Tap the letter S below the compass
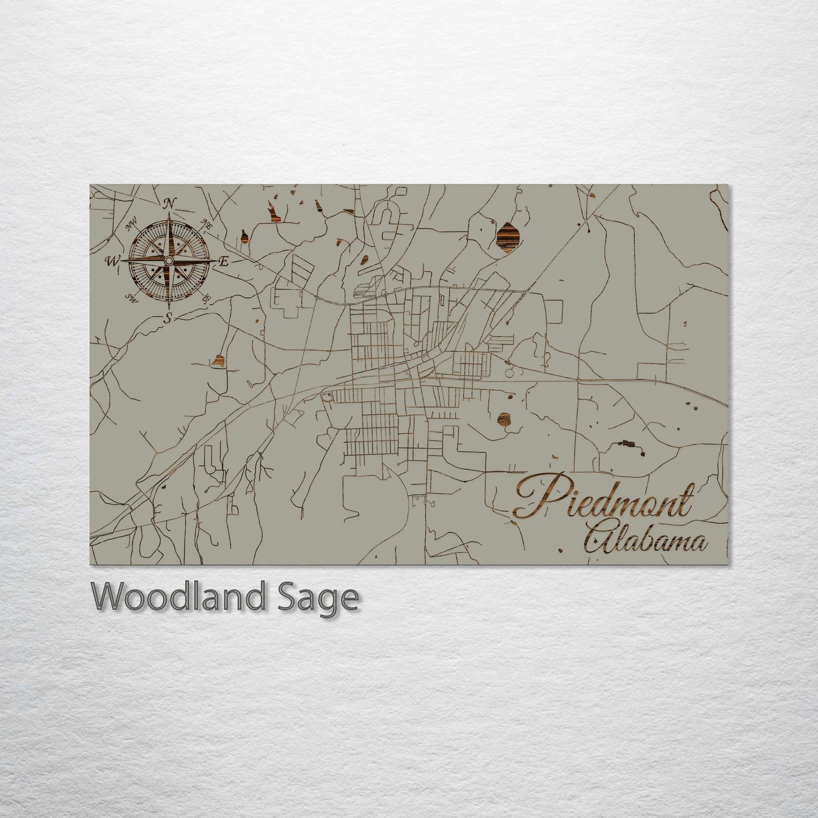pyautogui.click(x=168, y=318)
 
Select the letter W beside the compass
pyautogui.click(x=112, y=261)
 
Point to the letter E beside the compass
pyautogui.click(x=224, y=262)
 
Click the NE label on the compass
pyautogui.click(x=207, y=225)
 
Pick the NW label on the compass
pyautogui.click(x=132, y=226)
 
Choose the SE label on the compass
pyautogui.click(x=206, y=297)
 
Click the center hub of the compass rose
pyautogui.click(x=168, y=260)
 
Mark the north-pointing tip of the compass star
pyautogui.click(x=169, y=215)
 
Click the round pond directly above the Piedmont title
pyautogui.click(x=503, y=419)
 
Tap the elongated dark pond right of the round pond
pyautogui.click(x=627, y=443)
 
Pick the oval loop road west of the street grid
pyautogui.click(x=327, y=397)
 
